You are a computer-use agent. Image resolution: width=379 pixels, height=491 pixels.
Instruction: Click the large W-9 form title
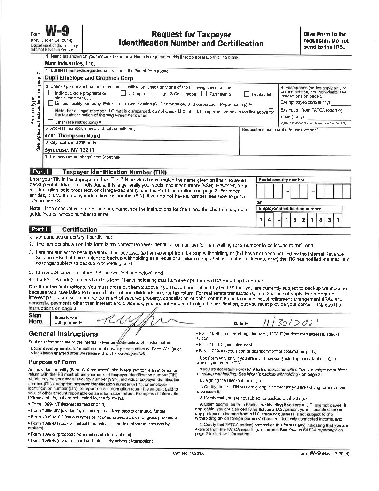pyautogui.click(x=57, y=32)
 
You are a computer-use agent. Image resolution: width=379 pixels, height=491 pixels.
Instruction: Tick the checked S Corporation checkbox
pyautogui.click(x=165, y=93)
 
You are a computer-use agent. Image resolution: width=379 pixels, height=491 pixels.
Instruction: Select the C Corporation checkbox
pyautogui.click(x=123, y=93)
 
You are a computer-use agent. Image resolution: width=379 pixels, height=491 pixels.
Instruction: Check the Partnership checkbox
pyautogui.click(x=204, y=94)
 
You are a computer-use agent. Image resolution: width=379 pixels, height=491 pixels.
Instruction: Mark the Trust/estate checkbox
pyautogui.click(x=247, y=94)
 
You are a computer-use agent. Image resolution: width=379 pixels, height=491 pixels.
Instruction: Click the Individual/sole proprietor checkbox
pyautogui.click(x=51, y=93)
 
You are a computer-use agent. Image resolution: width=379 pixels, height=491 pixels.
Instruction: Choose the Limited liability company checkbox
pyautogui.click(x=51, y=103)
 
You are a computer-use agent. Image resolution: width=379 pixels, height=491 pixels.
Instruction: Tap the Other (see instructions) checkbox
pyautogui.click(x=51, y=122)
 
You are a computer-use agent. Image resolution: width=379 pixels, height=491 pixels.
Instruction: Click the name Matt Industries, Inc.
pyautogui.click(x=70, y=64)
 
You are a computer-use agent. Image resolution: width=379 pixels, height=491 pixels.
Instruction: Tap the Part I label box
pyautogui.click(x=41, y=172)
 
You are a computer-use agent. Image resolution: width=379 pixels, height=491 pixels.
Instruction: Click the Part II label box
pyautogui.click(x=41, y=229)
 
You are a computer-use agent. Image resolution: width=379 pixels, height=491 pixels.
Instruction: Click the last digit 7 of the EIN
pyautogui.click(x=338, y=220)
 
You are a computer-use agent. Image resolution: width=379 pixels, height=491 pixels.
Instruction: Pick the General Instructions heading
pyautogui.click(x=63, y=334)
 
